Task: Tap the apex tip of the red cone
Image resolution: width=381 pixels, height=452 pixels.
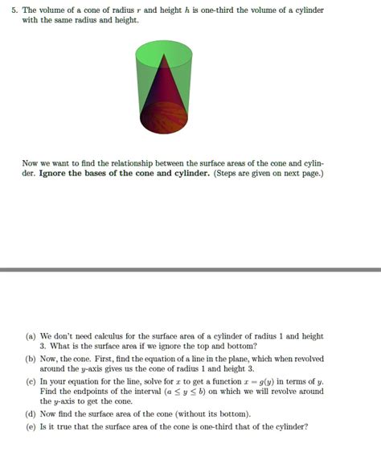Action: [164, 55]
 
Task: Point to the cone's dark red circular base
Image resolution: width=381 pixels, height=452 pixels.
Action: [164, 119]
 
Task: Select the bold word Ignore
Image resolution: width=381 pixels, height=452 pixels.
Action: [54, 173]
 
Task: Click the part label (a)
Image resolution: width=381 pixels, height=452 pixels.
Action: [31, 336]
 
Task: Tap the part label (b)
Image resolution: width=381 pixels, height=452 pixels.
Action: [31, 359]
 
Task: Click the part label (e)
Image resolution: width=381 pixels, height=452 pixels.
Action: [31, 426]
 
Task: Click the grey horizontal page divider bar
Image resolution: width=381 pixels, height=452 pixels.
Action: [190, 269]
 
